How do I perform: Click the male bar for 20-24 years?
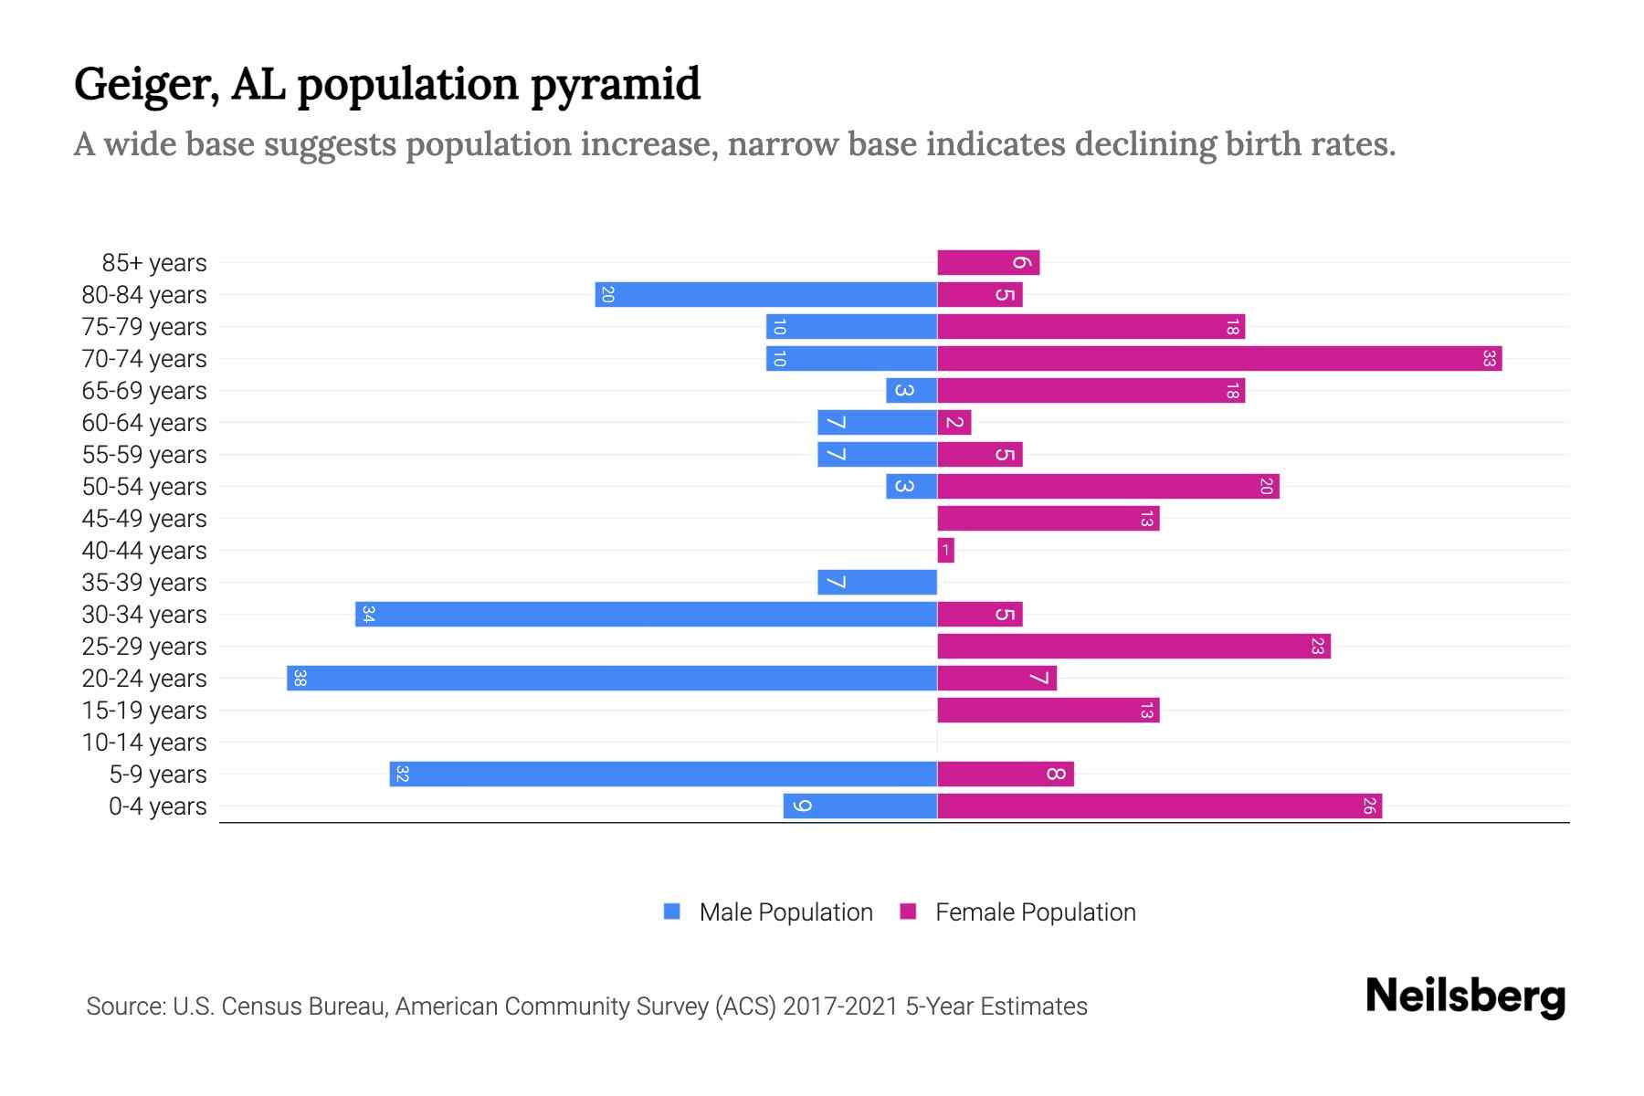(612, 678)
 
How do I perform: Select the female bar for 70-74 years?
(1219, 358)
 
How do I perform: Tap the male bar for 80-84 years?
(765, 294)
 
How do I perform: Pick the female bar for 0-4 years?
(1159, 806)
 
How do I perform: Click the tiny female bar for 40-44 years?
(945, 550)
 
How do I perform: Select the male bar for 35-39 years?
(877, 582)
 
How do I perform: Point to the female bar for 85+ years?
(988, 262)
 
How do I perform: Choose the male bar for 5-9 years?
(663, 774)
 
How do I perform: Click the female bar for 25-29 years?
(1133, 646)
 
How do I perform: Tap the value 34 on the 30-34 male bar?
(368, 614)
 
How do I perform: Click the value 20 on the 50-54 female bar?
(1266, 486)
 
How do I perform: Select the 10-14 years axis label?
(144, 742)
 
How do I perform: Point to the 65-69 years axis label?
(144, 390)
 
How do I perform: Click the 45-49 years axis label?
(144, 518)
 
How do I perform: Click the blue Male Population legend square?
(672, 912)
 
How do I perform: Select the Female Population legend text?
(1035, 912)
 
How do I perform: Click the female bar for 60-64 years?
(954, 422)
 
